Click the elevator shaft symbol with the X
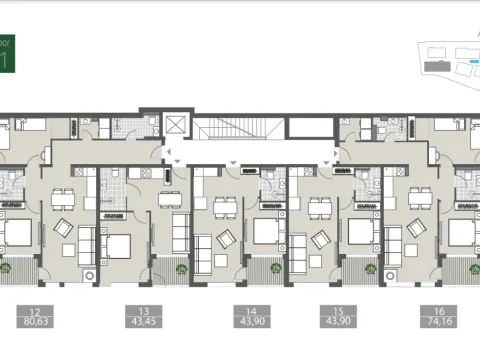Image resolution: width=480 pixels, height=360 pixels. coord(178,125)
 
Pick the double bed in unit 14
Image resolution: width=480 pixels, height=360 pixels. coord(265,231)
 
